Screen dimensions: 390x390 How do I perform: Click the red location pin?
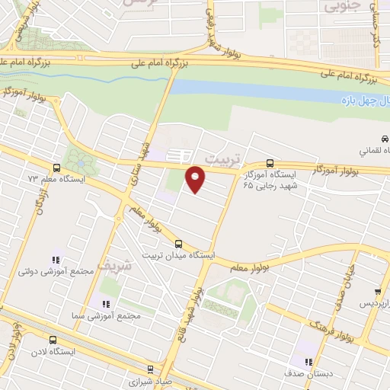click(196, 180)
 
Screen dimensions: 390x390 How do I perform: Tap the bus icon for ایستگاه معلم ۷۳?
click(57, 168)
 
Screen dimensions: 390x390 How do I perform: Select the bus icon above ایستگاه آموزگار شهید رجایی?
click(270, 162)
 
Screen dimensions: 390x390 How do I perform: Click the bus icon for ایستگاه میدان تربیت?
click(178, 245)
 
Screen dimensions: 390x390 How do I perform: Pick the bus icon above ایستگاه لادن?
click(53, 340)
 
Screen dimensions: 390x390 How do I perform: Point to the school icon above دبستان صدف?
click(307, 363)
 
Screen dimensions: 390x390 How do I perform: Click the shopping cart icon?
click(378, 292)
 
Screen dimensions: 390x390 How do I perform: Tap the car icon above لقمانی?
click(385, 139)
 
